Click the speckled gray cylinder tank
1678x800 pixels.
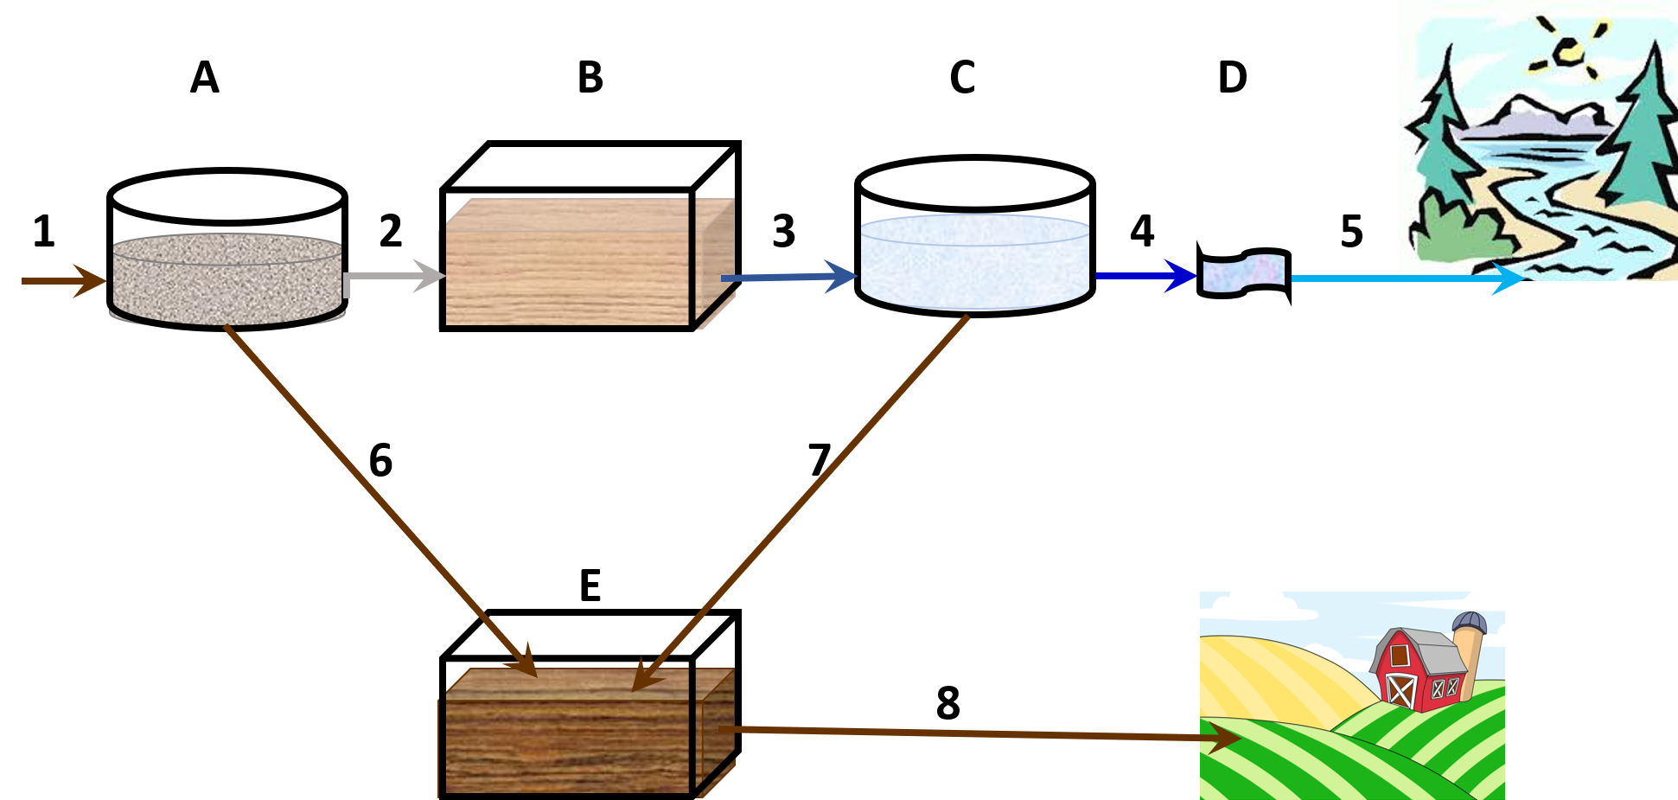pos(226,278)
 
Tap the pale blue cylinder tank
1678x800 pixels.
pos(974,261)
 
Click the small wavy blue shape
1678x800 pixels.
pos(1244,273)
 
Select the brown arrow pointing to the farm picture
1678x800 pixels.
pos(977,734)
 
